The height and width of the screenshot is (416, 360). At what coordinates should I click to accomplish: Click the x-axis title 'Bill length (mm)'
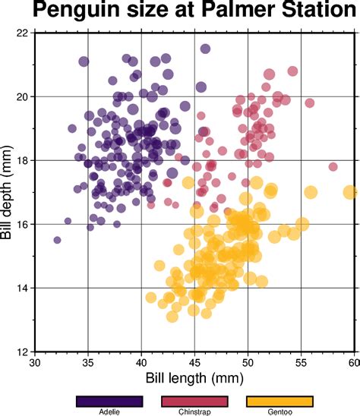195,377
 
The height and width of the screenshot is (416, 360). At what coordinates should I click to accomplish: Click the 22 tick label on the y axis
22,33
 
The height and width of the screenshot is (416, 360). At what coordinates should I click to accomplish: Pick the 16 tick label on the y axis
22,224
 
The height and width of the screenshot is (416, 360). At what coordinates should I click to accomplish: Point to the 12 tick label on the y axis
22,351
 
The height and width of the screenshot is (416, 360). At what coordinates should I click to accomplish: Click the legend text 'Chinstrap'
194,412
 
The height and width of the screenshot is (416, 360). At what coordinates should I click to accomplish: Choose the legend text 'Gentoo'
279,412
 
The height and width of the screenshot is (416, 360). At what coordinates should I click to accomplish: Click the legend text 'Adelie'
109,412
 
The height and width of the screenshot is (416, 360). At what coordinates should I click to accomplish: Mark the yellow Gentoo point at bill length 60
350,192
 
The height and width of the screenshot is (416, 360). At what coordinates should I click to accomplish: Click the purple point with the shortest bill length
57,240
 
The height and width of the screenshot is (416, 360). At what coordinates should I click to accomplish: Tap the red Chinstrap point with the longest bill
333,166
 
